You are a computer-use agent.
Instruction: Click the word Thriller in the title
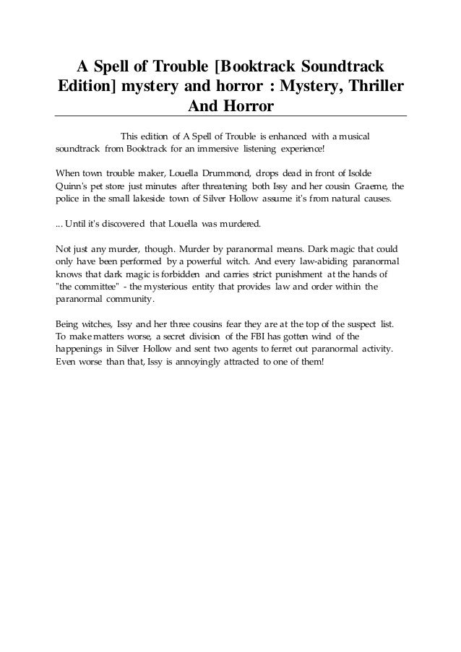pos(369,87)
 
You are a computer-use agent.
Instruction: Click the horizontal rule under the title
pos(231,116)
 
